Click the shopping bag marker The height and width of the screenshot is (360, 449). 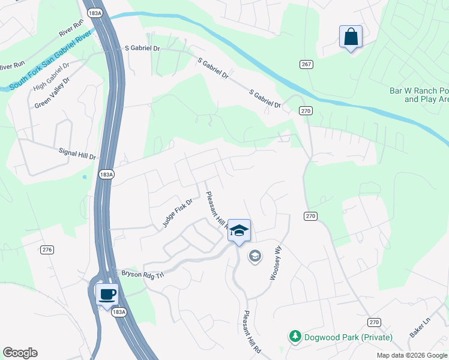pos(351,37)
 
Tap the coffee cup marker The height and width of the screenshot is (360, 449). pos(107,295)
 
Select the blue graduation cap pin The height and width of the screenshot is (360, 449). pos(239,231)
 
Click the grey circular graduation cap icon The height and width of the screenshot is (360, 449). pos(255,257)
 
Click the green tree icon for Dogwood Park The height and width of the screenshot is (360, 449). pos(295,337)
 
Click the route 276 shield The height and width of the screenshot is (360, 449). pos(48,250)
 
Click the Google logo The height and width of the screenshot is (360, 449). pos(20,353)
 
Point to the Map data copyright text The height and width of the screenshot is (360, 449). pos(411,355)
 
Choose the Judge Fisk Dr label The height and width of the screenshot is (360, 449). pos(177,213)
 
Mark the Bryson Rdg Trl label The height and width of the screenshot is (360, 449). pos(143,273)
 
